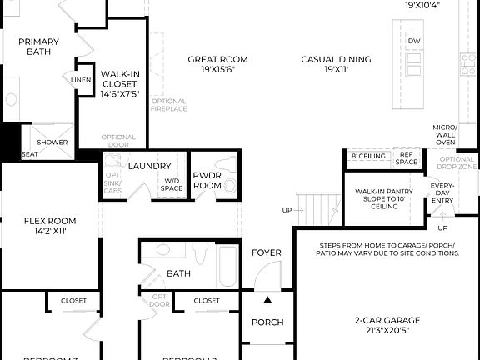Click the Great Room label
217,64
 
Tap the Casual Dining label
337,64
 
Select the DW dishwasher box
414,41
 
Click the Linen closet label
82,80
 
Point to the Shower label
52,142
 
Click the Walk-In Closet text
119,83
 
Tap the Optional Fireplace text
167,105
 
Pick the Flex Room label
50,226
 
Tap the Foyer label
267,252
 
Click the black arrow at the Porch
267,298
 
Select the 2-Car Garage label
385,325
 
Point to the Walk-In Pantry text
385,198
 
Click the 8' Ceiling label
367,157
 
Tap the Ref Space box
407,157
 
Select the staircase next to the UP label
317,205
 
